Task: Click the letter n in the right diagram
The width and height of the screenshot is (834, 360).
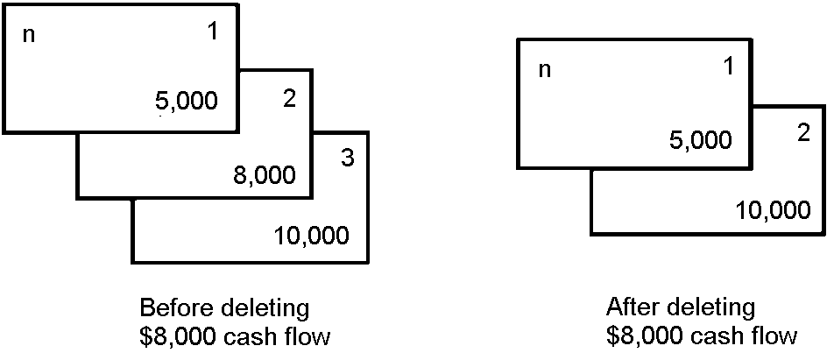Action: point(544,70)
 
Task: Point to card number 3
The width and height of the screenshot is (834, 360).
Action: point(347,159)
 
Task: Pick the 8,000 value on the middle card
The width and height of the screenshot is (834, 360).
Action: point(264,175)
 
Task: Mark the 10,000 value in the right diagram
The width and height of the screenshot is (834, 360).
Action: point(773,210)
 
